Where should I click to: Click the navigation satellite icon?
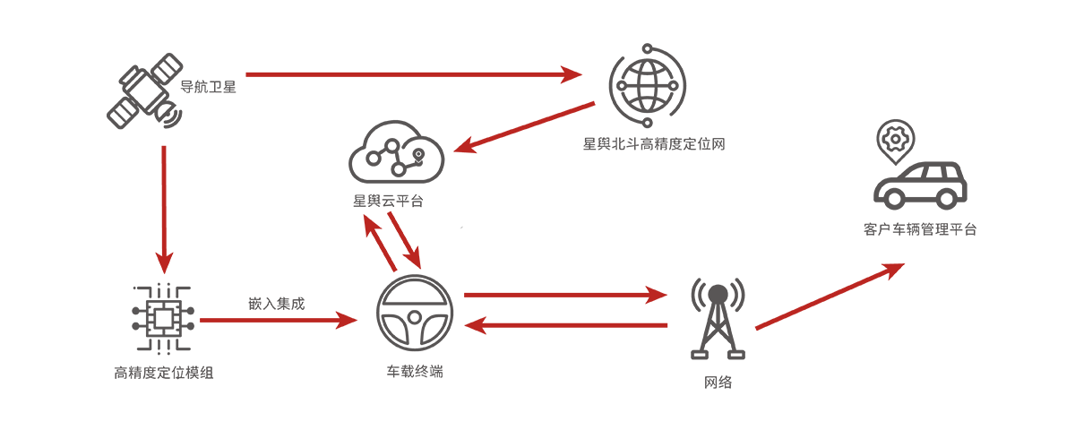[x=145, y=90]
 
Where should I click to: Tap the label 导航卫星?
[x=208, y=87]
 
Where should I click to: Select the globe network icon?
[x=648, y=85]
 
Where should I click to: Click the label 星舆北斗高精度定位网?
[x=654, y=144]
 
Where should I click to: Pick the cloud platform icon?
[x=396, y=151]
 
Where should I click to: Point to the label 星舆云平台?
[x=388, y=201]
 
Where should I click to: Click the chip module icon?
[x=163, y=319]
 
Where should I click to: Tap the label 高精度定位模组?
[x=164, y=373]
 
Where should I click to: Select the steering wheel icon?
[x=415, y=314]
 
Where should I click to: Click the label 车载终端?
[x=415, y=372]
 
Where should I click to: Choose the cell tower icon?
[x=718, y=318]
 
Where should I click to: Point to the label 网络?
[x=718, y=383]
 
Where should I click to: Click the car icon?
[x=920, y=185]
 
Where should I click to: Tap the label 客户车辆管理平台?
[x=920, y=229]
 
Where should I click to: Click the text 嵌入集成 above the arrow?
[x=277, y=304]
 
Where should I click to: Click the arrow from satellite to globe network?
[x=414, y=75]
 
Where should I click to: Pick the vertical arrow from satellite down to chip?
[x=164, y=210]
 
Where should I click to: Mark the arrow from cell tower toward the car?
[x=830, y=297]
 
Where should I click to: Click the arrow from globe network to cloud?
[x=524, y=127]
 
